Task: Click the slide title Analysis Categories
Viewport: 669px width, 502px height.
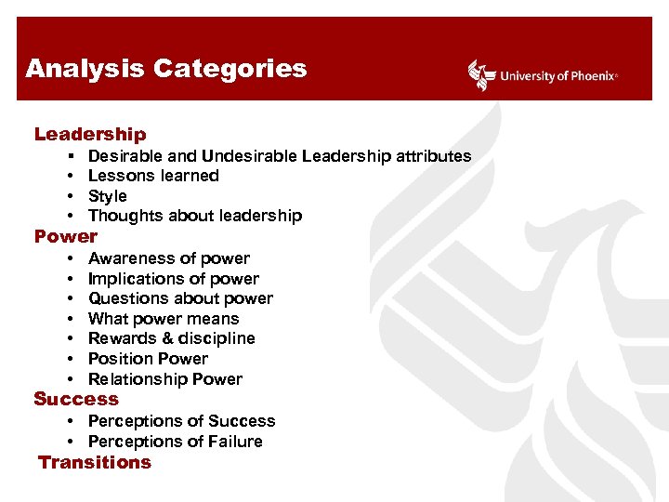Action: [165, 69]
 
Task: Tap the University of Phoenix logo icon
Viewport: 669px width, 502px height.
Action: [480, 75]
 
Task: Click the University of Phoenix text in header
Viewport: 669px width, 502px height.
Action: [557, 76]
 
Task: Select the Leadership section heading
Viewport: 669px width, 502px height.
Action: [90, 135]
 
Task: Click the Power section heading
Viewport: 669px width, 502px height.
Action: [65, 236]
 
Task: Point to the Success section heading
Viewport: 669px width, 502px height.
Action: [76, 399]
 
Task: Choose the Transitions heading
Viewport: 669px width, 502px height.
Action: [94, 462]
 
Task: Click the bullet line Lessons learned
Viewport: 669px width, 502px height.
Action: [153, 176]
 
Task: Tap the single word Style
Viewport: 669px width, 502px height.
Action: [107, 196]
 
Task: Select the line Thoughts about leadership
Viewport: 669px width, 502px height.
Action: [194, 216]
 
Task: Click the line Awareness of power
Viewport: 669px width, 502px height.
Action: [168, 258]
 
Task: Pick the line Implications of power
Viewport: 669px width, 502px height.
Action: [173, 279]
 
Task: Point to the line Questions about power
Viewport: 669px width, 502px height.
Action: [180, 298]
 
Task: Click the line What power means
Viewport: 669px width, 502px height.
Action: [164, 319]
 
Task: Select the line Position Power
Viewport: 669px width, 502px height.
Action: [148, 359]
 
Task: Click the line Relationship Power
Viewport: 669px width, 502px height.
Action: [164, 379]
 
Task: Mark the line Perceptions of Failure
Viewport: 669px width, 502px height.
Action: [175, 442]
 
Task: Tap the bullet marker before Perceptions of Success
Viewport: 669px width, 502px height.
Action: [72, 421]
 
